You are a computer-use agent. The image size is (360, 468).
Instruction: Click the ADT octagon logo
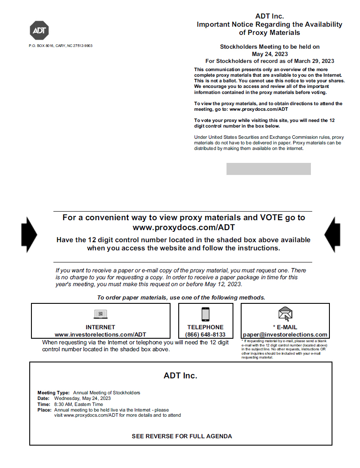(39, 30)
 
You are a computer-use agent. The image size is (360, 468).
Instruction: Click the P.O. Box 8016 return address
(61, 46)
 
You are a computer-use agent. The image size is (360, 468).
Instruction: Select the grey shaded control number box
(268, 169)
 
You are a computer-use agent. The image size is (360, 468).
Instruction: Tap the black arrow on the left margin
(29, 234)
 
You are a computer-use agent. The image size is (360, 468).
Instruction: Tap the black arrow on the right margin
(332, 234)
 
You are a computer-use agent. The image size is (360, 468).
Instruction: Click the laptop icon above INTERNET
(100, 314)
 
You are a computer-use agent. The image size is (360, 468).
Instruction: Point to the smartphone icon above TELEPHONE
(205, 314)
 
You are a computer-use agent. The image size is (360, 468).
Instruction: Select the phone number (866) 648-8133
(205, 334)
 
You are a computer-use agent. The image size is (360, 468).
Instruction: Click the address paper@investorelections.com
(285, 334)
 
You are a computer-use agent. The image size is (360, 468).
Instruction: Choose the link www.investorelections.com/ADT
(100, 334)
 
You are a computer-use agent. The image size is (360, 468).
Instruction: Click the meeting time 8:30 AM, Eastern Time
(78, 404)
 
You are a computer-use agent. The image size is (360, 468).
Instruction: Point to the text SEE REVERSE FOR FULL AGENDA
(182, 436)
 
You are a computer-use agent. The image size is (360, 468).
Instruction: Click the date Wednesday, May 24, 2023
(82, 398)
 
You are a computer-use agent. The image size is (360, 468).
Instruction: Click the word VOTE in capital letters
(271, 218)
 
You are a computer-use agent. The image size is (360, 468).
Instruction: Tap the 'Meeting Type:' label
(53, 393)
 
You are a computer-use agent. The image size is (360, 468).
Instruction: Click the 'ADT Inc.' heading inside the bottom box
(180, 375)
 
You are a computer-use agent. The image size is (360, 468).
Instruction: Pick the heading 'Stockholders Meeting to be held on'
(270, 47)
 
